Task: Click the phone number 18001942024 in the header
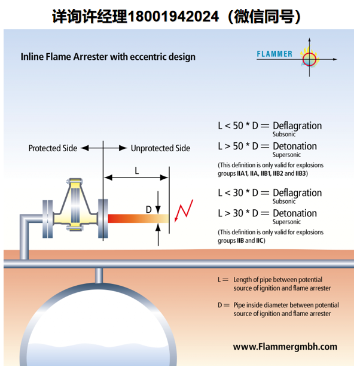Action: point(173,16)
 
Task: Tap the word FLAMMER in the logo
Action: point(274,54)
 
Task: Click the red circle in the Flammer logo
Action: point(309,59)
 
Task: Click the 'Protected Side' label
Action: point(53,148)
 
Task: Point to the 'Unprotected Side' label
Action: point(160,148)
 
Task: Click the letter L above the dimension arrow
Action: point(137,171)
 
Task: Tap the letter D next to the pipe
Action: point(149,210)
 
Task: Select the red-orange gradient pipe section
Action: point(138,218)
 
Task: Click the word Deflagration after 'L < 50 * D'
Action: point(297,126)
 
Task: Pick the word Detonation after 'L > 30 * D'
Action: point(295,213)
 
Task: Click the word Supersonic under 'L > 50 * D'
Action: point(286,155)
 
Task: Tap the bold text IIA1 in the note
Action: point(242,173)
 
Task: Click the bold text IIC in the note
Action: point(260,240)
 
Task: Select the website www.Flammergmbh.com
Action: point(285,347)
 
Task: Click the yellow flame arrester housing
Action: point(75,204)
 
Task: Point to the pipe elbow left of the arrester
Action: point(25,219)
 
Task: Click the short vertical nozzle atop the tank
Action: point(99,276)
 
